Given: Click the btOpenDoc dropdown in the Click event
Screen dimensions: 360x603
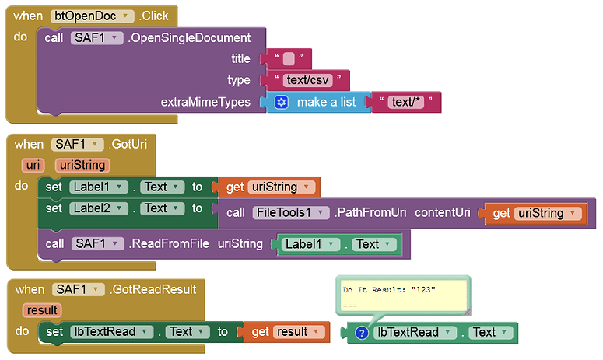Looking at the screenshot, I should pyautogui.click(x=85, y=16).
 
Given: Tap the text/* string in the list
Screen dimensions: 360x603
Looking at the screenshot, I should pyautogui.click(x=407, y=102).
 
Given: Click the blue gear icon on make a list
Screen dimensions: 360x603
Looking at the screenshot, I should pyautogui.click(x=282, y=102).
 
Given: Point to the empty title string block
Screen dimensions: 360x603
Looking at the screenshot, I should pyautogui.click(x=289, y=58).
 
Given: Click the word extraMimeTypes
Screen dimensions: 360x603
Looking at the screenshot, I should pyautogui.click(x=205, y=102).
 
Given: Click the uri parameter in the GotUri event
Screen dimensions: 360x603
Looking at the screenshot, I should pyautogui.click(x=33, y=165).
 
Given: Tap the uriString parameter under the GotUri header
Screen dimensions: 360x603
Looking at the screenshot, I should pyautogui.click(x=82, y=165).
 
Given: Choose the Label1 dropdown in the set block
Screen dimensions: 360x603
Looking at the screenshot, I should pyautogui.click(x=96, y=187).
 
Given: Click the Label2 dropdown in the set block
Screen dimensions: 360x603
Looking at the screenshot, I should pyautogui.click(x=96, y=208).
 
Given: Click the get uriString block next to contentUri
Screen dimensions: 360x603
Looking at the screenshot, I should pyautogui.click(x=534, y=213).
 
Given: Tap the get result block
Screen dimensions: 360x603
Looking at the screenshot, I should pyautogui.click(x=285, y=332).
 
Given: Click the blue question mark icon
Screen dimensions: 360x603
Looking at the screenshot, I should pyautogui.click(x=361, y=333).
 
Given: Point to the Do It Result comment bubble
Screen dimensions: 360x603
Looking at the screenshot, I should pyautogui.click(x=401, y=295).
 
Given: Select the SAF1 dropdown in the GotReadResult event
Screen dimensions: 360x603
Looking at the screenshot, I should pyautogui.click(x=78, y=289).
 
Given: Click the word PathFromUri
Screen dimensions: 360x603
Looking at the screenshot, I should pyautogui.click(x=368, y=213).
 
